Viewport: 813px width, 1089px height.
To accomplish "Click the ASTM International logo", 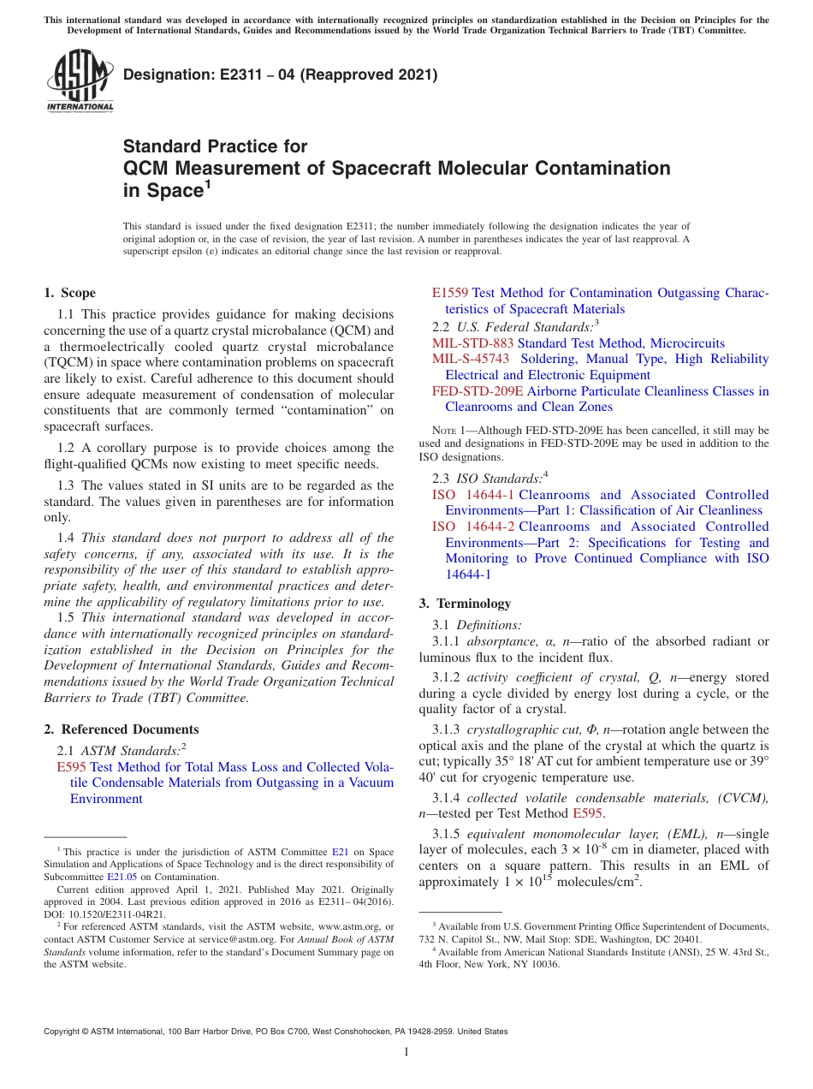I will pos(79,82).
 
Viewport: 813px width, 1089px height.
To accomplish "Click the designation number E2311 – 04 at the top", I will pos(280,74).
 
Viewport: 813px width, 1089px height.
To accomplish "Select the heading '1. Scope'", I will pos(70,293).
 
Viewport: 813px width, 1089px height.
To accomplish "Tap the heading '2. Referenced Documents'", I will pos(122,729).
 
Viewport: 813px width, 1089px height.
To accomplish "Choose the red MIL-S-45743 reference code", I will pos(470,359).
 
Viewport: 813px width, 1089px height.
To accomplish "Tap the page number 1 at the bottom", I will pos(406,1052).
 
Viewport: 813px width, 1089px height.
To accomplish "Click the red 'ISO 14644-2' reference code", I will pos(472,527).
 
